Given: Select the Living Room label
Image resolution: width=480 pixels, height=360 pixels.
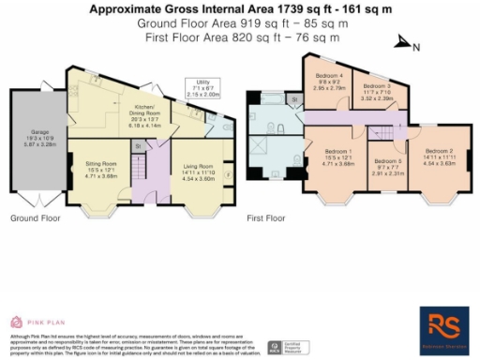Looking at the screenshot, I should [x=192, y=172].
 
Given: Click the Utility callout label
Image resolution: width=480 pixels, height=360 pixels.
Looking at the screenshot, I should [x=202, y=88].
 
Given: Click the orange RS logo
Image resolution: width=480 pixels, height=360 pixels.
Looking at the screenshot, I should [x=442, y=325].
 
